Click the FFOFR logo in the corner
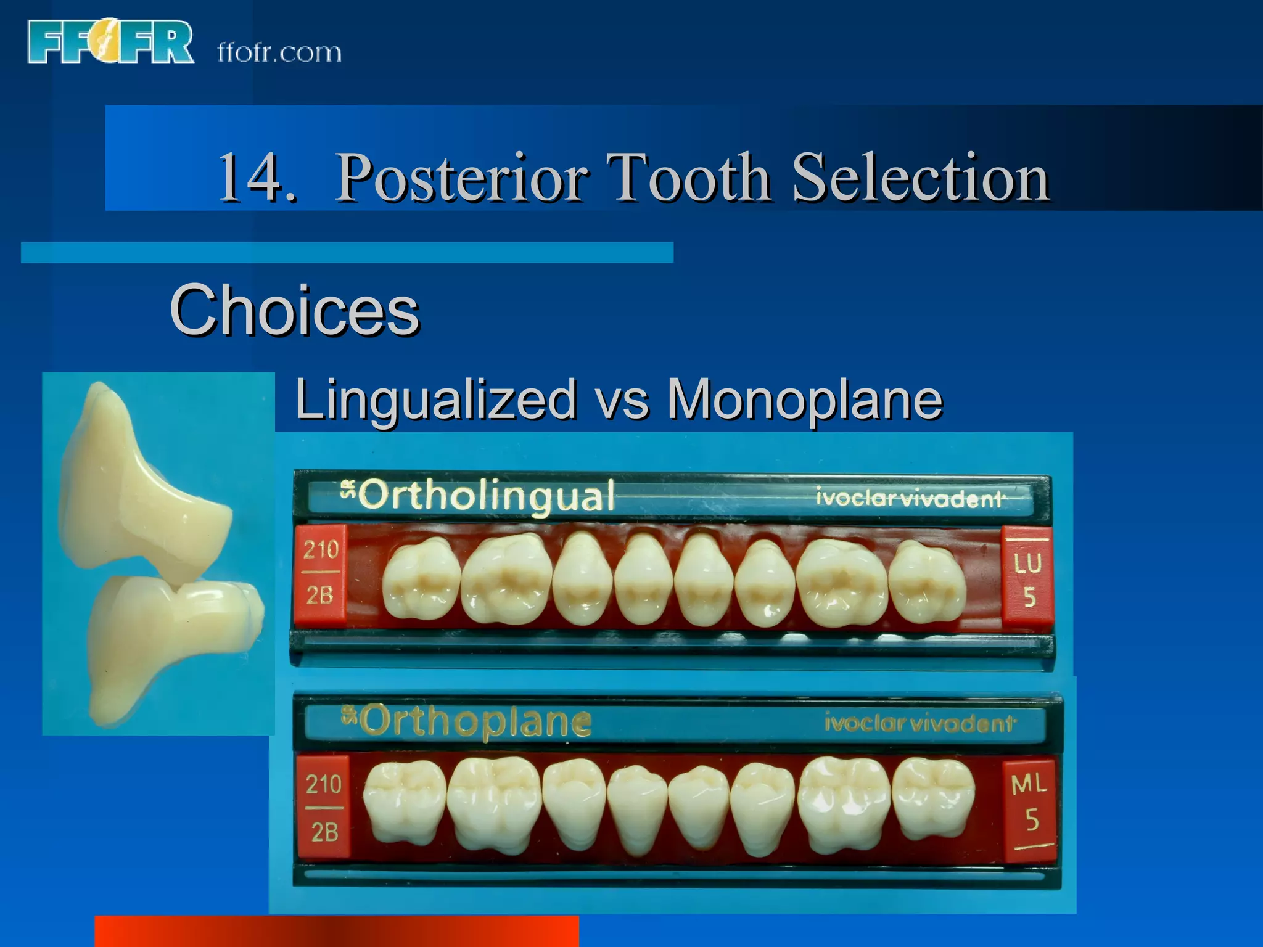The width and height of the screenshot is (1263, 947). (x=110, y=42)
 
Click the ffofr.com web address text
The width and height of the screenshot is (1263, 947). (x=279, y=53)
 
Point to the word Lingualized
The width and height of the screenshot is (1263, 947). (x=434, y=400)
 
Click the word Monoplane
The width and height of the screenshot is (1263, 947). (x=804, y=400)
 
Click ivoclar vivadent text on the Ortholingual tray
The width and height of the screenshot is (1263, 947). (x=909, y=498)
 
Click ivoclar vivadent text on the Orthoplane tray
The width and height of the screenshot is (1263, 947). (x=918, y=723)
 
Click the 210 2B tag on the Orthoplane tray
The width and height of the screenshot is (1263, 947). (x=324, y=807)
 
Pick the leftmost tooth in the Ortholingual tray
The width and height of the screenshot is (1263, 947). (x=421, y=580)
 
